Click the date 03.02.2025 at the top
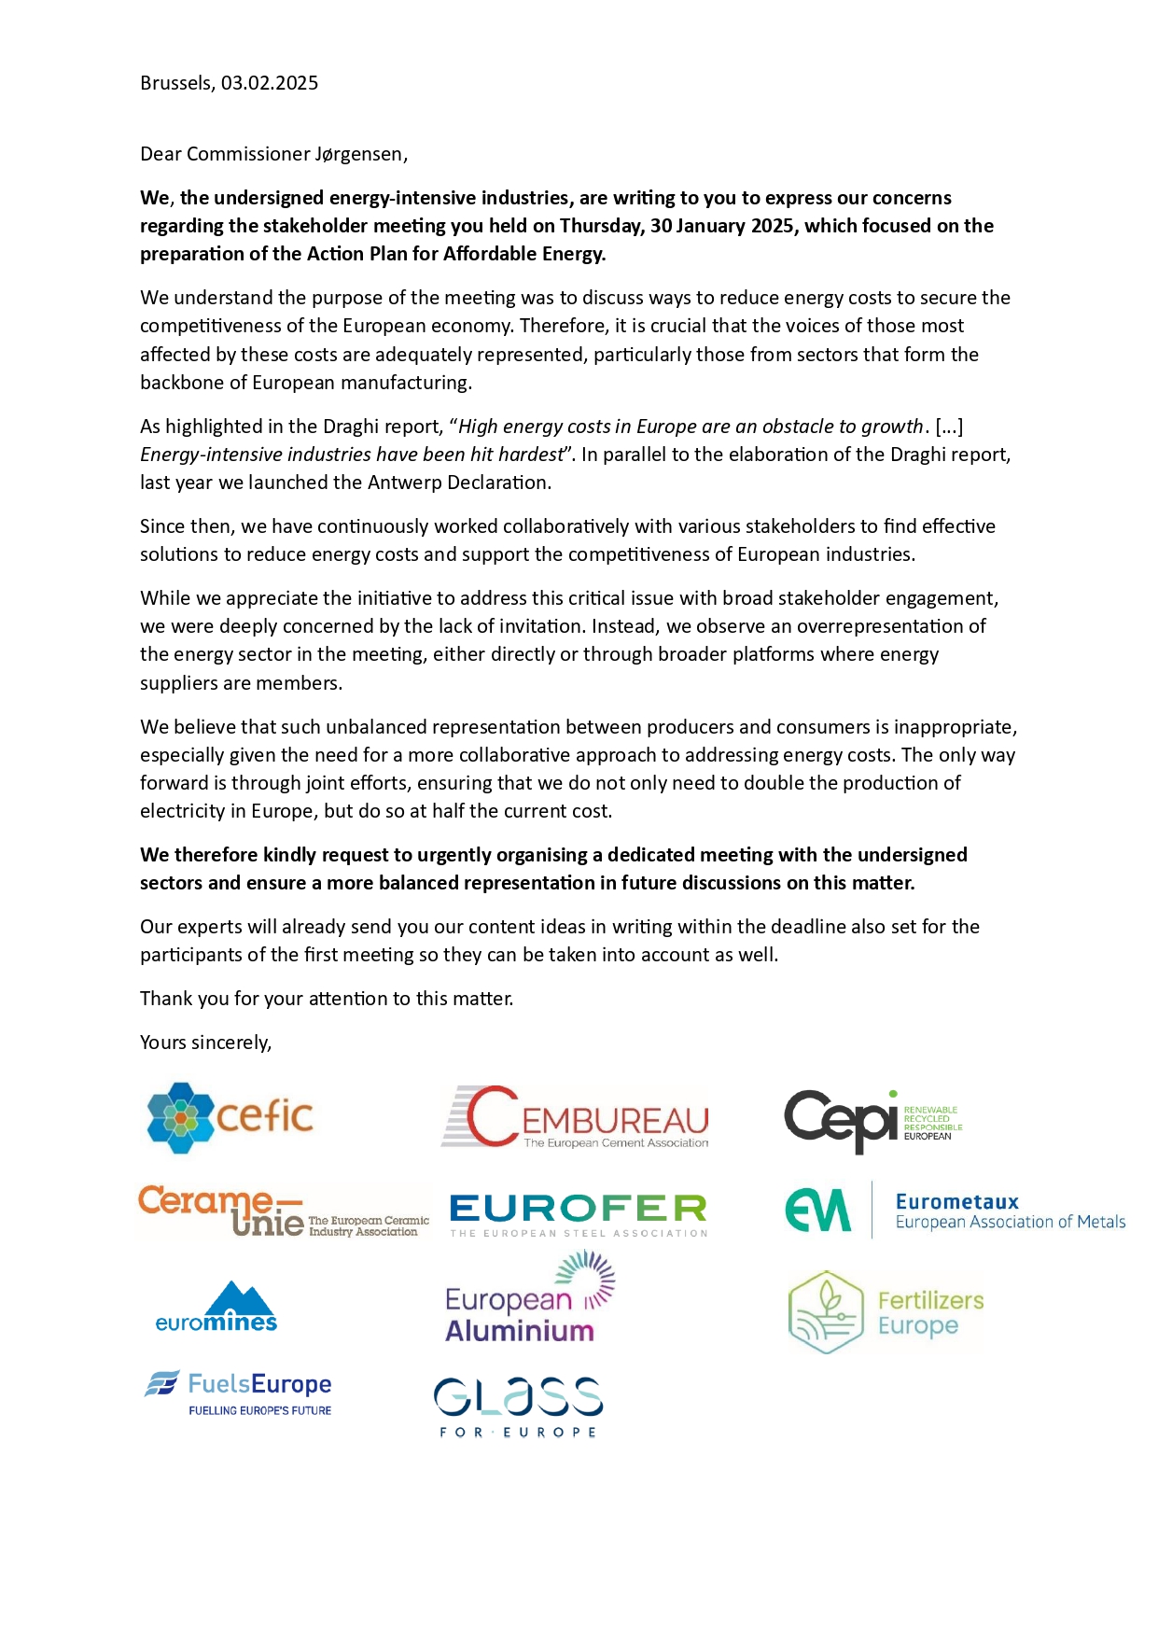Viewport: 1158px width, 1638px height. (270, 83)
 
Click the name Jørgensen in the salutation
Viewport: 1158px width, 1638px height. (359, 154)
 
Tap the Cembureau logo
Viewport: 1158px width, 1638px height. (576, 1117)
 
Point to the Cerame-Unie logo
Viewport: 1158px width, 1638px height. (283, 1211)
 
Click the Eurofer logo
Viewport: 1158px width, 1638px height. (579, 1214)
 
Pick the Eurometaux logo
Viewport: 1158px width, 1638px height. (955, 1211)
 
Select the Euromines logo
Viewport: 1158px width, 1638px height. (216, 1307)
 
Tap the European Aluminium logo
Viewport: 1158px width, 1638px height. (530, 1299)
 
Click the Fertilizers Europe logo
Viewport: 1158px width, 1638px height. (886, 1312)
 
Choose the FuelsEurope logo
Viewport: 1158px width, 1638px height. (239, 1393)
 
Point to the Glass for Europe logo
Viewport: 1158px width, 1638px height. (518, 1407)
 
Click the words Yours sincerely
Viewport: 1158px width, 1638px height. (205, 1043)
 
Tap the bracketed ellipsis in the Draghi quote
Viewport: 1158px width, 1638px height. (948, 427)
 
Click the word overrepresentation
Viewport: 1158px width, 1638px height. (891, 626)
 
